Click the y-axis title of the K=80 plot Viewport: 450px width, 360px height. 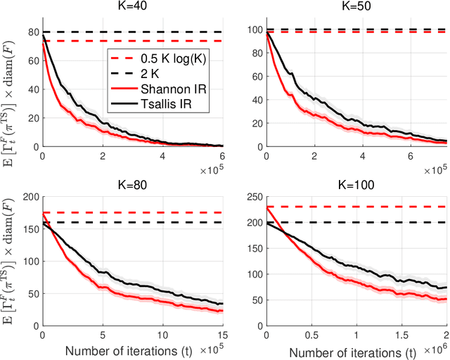10,257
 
